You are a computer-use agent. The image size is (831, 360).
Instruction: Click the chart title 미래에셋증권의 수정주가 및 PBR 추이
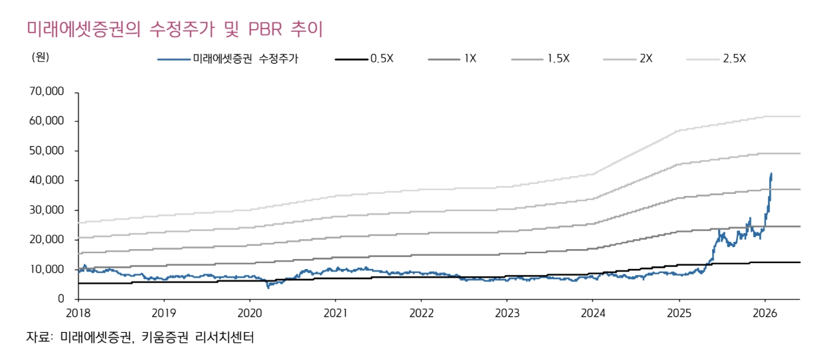pyautogui.click(x=174, y=30)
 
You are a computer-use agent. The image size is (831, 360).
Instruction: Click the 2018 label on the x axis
pyautogui.click(x=78, y=313)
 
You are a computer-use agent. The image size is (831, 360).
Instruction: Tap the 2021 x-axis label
pyautogui.click(x=335, y=313)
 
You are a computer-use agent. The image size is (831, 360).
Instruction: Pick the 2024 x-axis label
pyautogui.click(x=593, y=313)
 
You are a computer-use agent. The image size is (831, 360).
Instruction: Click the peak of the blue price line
pyautogui.click(x=771, y=173)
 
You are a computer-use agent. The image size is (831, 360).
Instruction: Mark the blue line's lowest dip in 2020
pyautogui.click(x=268, y=287)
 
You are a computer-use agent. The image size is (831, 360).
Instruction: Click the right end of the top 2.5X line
pyautogui.click(x=800, y=116)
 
